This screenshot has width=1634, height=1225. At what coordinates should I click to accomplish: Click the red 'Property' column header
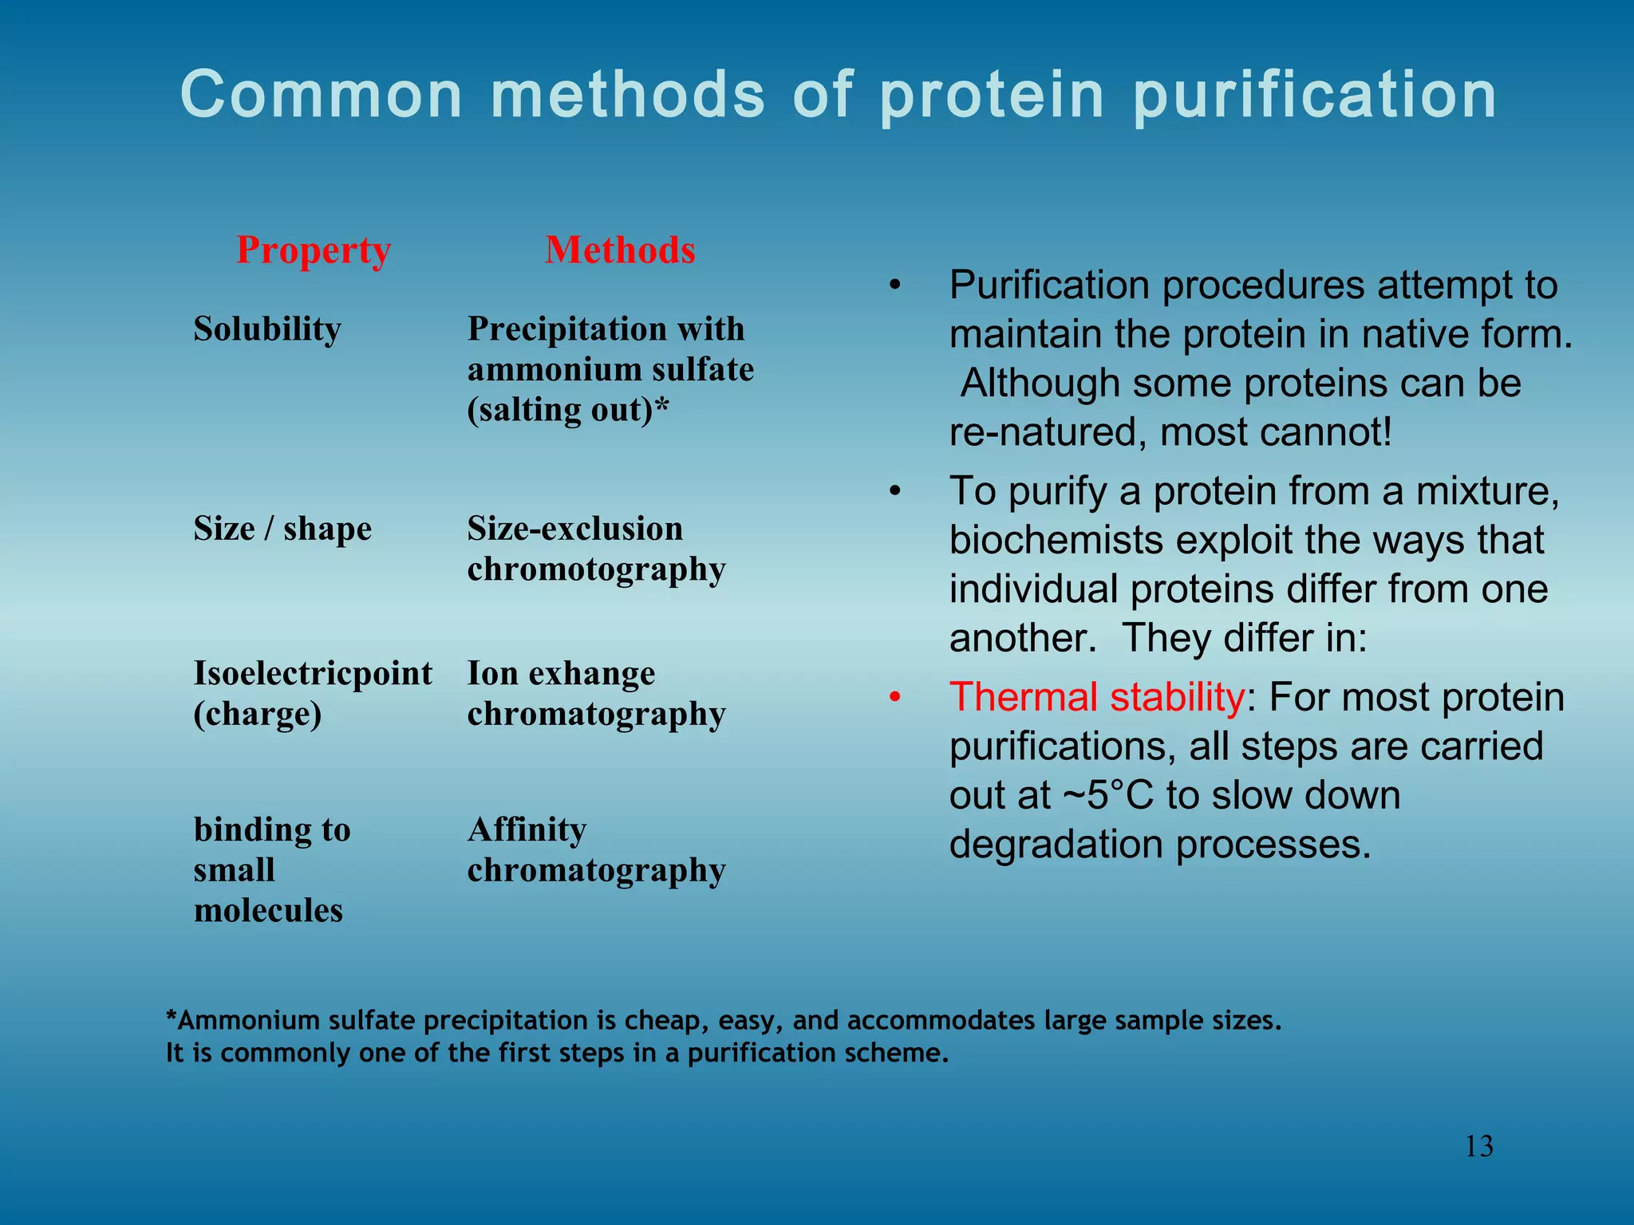(314, 251)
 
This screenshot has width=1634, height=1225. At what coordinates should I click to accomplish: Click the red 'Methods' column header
(620, 250)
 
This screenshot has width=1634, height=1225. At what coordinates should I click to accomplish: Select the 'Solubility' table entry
(267, 329)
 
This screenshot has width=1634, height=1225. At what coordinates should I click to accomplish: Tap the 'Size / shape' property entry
(282, 529)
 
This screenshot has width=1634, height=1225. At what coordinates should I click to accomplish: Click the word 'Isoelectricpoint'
(313, 674)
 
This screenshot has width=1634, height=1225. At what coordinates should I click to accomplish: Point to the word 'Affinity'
(527, 830)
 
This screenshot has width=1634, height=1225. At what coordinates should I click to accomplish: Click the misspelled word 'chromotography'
(596, 570)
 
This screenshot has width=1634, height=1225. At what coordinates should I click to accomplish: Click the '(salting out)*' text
(567, 411)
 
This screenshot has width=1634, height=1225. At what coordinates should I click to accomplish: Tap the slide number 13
(1479, 1147)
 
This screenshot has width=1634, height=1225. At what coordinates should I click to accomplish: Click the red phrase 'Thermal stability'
(1097, 697)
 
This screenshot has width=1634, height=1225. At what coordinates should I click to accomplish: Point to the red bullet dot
(895, 698)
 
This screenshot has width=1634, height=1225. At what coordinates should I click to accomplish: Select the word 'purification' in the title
(1315, 96)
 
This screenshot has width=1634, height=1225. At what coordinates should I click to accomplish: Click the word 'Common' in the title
(322, 96)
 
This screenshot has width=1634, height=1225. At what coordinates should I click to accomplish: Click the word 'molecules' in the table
(268, 911)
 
